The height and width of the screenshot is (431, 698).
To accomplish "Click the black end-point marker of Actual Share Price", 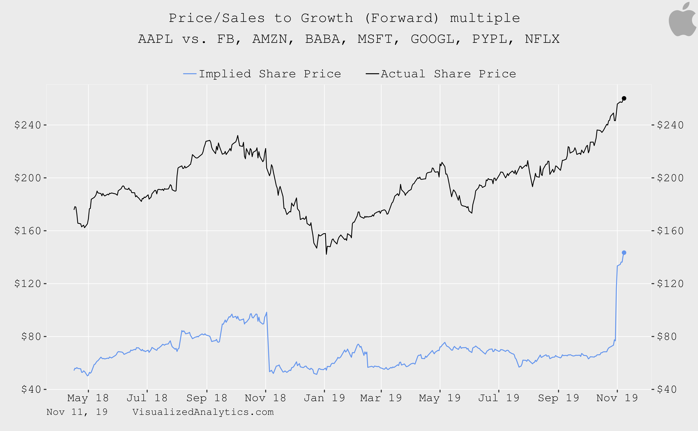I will click(x=624, y=98).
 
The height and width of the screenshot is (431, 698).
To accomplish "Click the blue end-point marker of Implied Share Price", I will click(x=624, y=253).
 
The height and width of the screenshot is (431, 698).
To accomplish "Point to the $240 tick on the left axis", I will click(x=45, y=125).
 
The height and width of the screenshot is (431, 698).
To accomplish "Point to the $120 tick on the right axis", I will click(x=653, y=284).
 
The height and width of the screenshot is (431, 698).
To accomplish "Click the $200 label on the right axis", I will click(x=670, y=178).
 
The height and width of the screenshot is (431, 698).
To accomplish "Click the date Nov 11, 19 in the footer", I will click(x=77, y=412).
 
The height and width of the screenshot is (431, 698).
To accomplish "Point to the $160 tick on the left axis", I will click(x=45, y=231).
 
